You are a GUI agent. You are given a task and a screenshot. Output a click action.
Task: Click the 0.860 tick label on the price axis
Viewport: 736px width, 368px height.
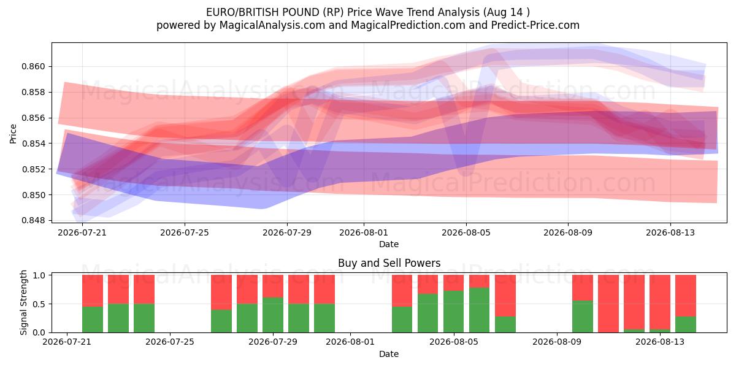pos(33,67)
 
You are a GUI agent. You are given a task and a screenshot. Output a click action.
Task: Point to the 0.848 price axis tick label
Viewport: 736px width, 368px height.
pos(33,220)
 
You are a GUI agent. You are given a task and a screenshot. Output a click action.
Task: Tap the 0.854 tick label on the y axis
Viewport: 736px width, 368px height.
pos(33,144)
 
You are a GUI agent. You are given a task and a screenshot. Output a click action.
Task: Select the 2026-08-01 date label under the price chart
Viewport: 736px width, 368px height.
pos(364,232)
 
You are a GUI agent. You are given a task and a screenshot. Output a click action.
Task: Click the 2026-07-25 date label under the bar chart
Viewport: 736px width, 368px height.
pos(170,342)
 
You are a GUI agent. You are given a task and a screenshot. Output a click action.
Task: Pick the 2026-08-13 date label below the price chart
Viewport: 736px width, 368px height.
pos(670,232)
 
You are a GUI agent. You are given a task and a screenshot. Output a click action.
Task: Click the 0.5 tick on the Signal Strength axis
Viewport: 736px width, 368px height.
pos(39,304)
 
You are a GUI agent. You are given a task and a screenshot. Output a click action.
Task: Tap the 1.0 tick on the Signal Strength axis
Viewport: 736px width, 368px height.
pos(39,275)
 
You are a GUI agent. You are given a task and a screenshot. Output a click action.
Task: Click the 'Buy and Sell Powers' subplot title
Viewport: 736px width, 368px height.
pos(389,263)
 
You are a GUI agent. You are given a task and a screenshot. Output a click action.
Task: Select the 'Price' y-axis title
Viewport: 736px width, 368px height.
pos(13,134)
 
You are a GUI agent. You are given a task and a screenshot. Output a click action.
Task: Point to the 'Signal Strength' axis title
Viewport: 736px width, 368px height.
pos(23,302)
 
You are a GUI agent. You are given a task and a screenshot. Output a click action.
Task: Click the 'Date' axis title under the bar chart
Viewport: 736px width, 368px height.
pos(389,354)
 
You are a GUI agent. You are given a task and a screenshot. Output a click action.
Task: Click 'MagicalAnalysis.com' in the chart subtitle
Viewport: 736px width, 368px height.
pos(272,25)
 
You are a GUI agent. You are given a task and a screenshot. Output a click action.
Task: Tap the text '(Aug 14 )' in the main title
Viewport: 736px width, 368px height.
pos(507,12)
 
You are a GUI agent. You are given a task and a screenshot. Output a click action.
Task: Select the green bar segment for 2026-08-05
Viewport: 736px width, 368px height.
pos(453,312)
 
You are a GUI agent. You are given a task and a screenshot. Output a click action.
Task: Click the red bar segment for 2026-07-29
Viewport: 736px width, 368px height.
pos(273,286)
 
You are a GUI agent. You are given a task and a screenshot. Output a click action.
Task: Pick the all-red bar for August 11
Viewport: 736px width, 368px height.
pos(608,304)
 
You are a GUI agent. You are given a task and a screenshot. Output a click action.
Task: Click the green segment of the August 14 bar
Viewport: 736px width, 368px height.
pos(686,324)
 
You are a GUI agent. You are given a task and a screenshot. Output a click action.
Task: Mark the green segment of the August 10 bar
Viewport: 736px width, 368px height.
pos(583,316)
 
